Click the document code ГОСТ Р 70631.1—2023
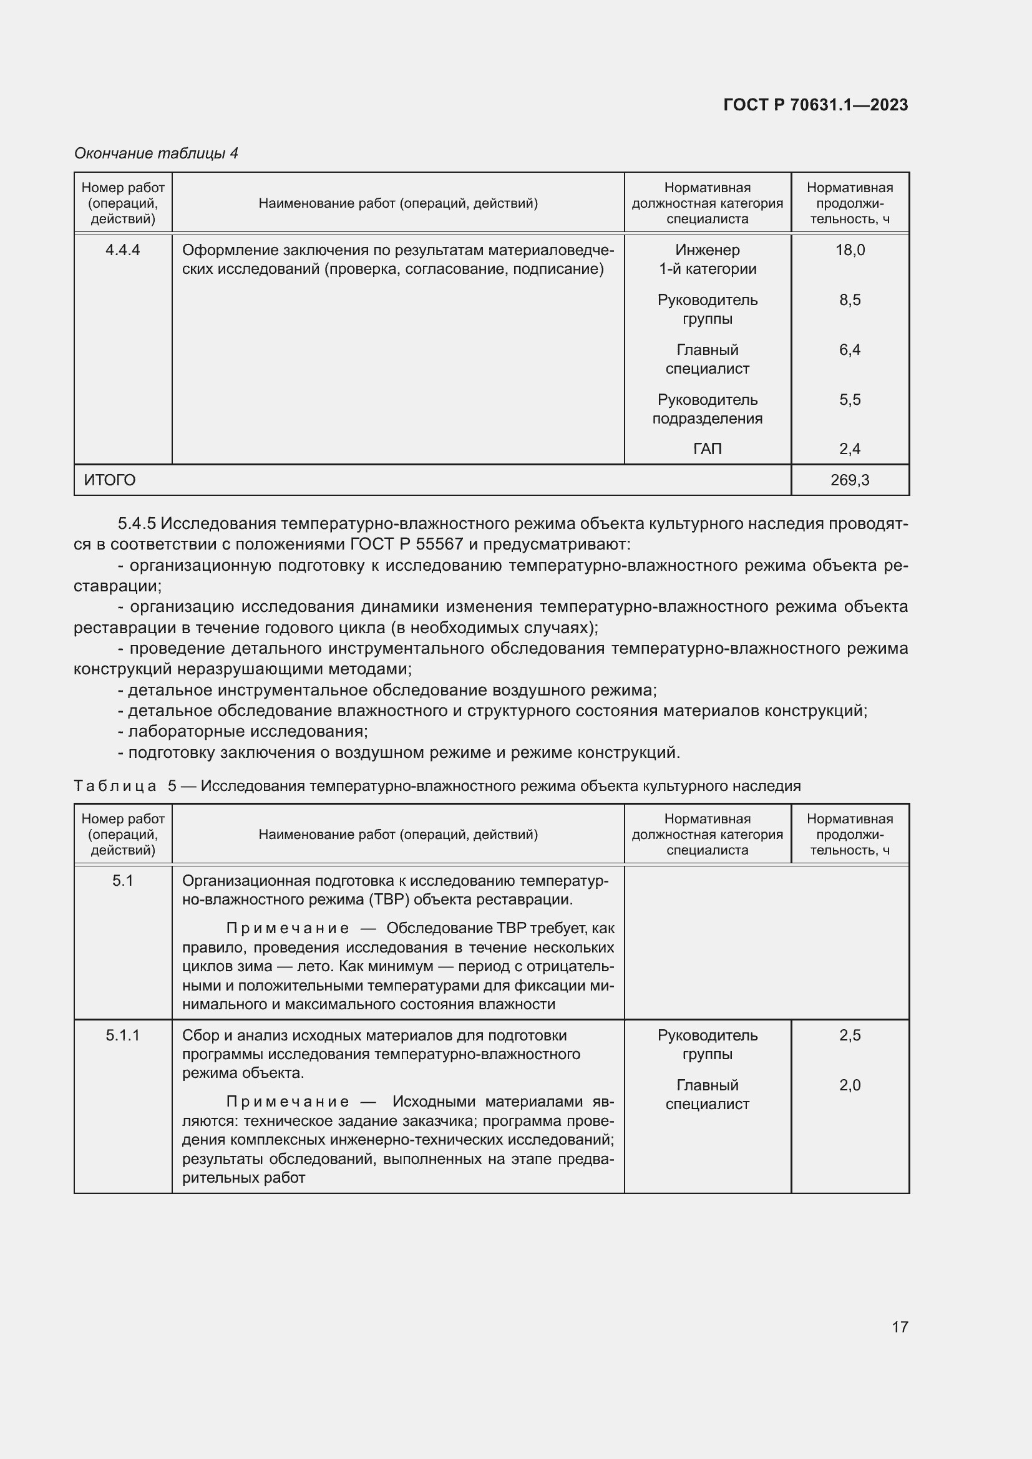point(815,105)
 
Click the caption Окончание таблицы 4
point(156,153)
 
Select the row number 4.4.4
point(123,250)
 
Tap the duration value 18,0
point(850,250)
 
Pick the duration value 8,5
point(850,300)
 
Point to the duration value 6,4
point(850,350)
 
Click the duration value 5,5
point(850,400)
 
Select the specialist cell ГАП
point(708,449)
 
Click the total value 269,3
point(850,480)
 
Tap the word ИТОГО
point(110,480)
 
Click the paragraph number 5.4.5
point(137,523)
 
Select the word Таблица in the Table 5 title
point(115,786)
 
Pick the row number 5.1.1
point(123,1036)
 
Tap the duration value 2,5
point(850,1036)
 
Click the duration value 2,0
point(850,1085)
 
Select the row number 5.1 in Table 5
point(123,881)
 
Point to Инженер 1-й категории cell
point(708,259)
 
